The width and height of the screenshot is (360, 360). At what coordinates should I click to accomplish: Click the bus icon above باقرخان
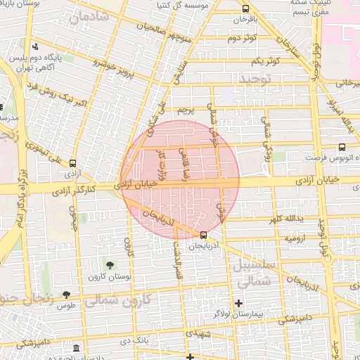coord(245,9)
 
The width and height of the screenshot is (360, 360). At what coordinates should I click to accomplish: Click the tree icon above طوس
coord(67,295)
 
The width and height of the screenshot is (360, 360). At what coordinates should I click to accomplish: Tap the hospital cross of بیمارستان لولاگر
coord(239,303)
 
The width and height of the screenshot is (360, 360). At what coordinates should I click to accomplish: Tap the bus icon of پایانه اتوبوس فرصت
coord(342,147)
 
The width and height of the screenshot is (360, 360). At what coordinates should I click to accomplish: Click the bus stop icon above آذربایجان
coord(203,235)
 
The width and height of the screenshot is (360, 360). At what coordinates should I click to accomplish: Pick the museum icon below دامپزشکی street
coord(75,349)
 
